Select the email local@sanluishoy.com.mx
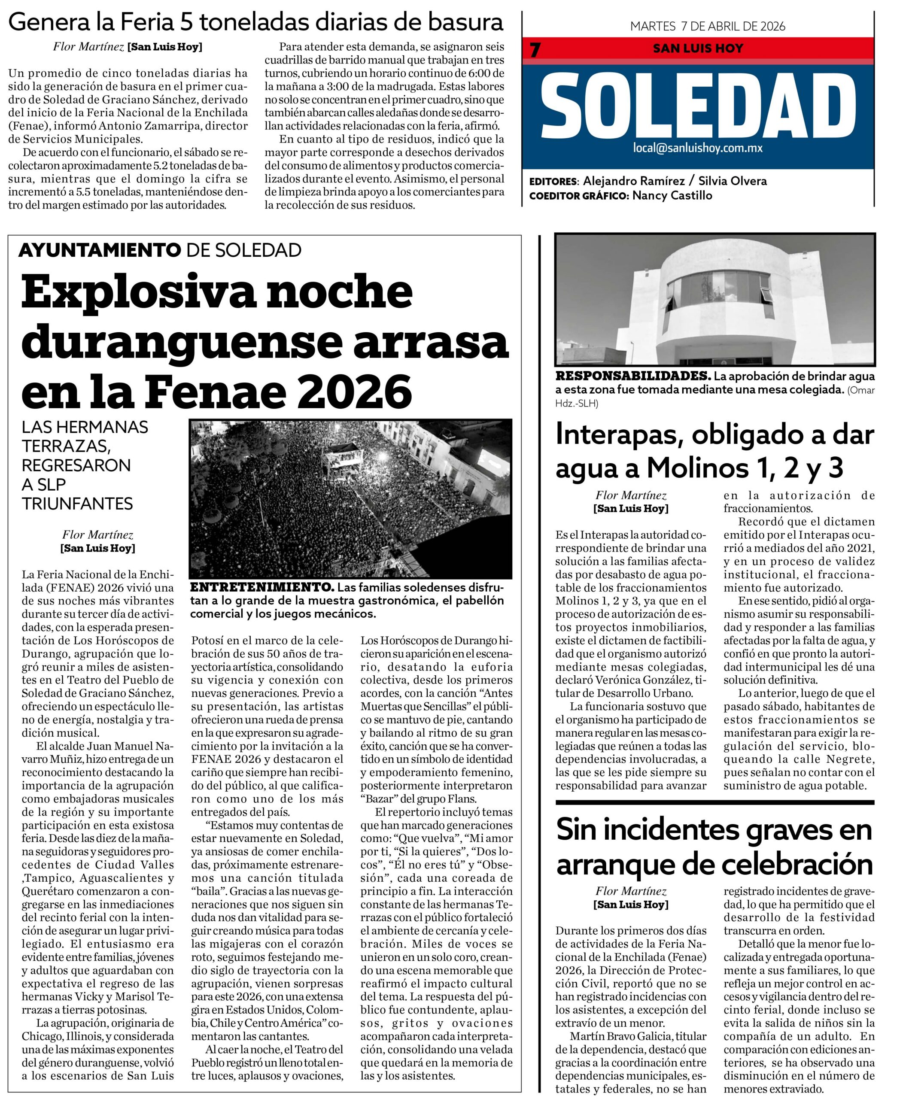698,148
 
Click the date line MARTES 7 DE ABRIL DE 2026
708,26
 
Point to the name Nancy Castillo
672,196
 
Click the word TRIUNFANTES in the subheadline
77,504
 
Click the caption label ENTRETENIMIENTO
261,587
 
